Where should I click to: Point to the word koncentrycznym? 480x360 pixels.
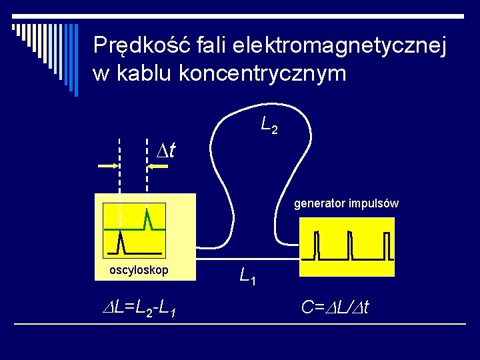(263, 73)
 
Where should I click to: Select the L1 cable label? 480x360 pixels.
(249, 274)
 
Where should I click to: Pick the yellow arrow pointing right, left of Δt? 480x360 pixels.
(108, 166)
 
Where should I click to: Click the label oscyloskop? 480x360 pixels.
(139, 270)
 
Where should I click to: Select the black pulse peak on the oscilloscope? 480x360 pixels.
(120, 239)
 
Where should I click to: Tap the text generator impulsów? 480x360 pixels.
(346, 203)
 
